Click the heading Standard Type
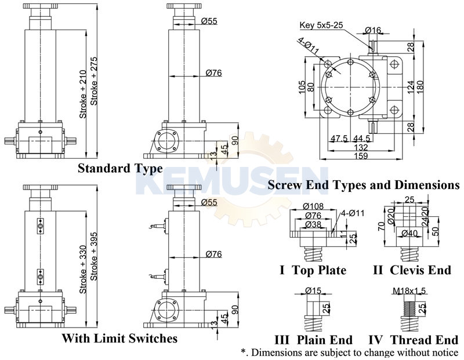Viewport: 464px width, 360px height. point(120,169)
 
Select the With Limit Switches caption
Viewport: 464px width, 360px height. point(119,337)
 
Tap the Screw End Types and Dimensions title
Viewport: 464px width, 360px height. point(364,186)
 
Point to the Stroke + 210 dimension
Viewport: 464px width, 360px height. point(83,96)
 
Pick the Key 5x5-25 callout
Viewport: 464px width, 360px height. point(321,26)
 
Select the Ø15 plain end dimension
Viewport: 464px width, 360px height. point(314,290)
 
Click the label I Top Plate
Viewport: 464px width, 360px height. point(313,270)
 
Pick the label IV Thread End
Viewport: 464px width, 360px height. point(413,340)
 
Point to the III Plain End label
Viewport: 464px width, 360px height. point(314,340)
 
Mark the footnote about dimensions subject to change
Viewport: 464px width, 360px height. point(350,352)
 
